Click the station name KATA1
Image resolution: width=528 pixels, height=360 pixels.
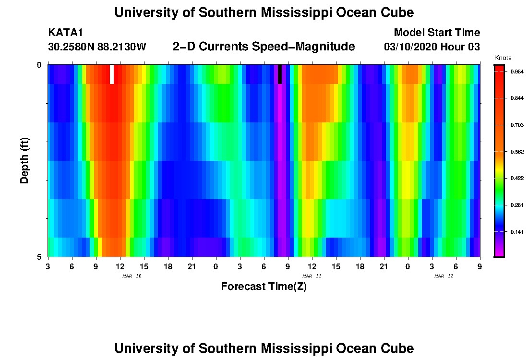66,33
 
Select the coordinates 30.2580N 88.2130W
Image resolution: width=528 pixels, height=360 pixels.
97,47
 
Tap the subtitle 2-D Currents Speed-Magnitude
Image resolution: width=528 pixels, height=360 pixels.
264,47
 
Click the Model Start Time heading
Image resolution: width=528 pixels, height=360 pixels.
437,33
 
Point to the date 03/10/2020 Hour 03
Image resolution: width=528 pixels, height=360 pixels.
432,47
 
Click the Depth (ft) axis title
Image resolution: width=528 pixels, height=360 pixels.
24,160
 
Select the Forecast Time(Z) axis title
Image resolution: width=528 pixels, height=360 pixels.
264,287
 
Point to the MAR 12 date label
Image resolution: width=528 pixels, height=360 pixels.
444,276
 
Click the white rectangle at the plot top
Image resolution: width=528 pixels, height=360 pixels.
112,74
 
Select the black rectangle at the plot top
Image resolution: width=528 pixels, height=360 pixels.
280,74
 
